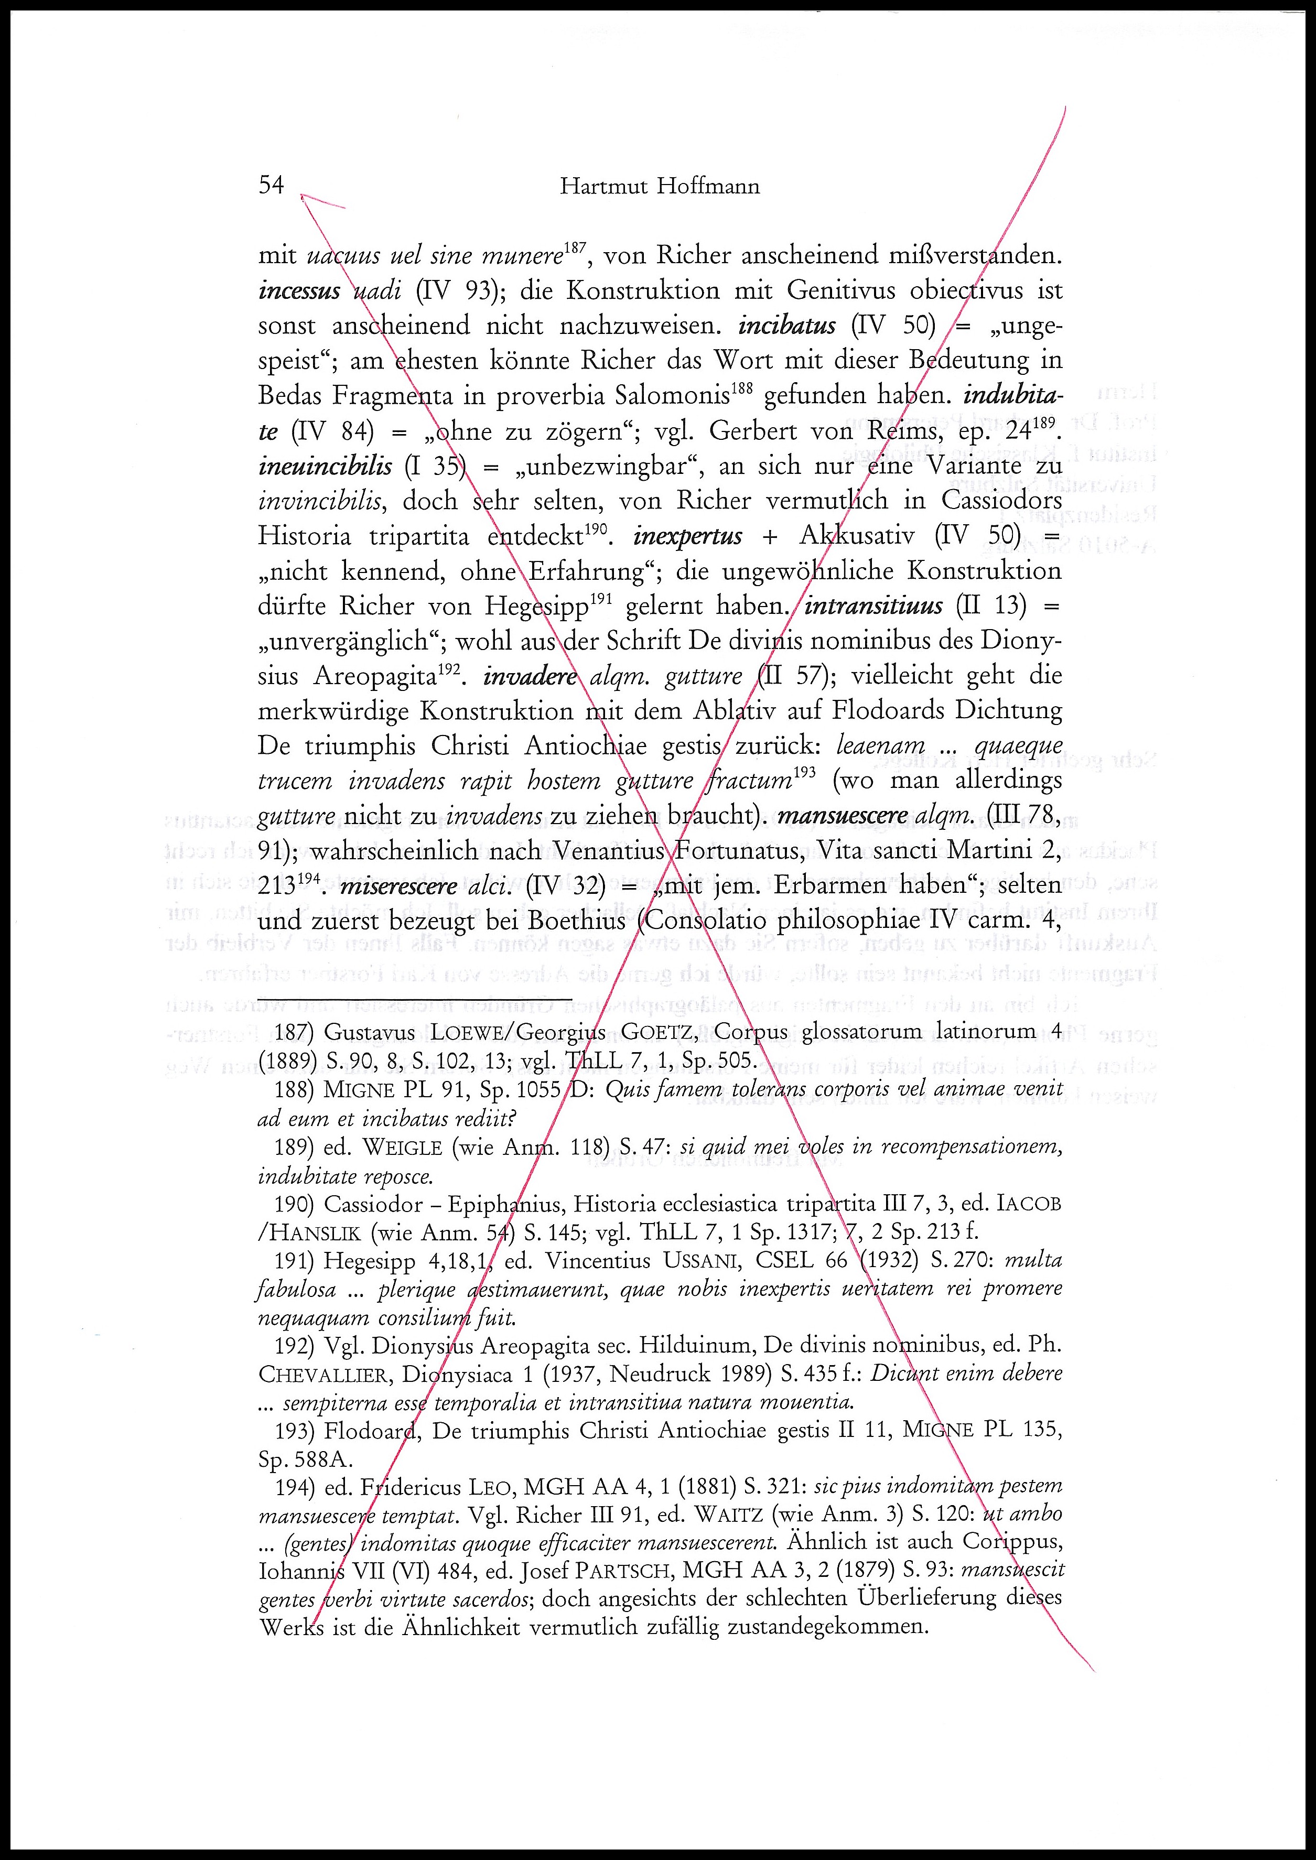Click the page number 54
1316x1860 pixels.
tap(272, 186)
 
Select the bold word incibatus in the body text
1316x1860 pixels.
tap(787, 326)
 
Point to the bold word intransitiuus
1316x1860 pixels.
tap(873, 606)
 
